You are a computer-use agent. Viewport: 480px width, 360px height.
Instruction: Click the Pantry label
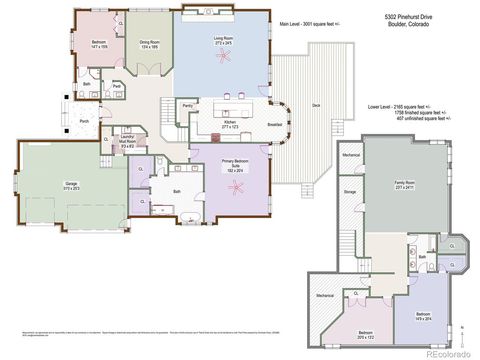click(x=187, y=104)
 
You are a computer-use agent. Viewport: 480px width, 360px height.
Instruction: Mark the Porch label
click(x=84, y=121)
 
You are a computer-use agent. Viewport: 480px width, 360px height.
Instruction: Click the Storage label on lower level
click(x=350, y=191)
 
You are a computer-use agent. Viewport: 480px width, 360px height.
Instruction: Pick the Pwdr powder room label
click(x=117, y=87)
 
